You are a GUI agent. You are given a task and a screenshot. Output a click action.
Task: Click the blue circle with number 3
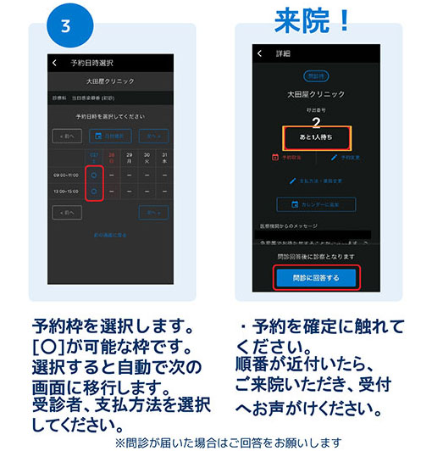coord(67,25)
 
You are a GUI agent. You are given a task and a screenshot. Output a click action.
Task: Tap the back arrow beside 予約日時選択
coord(55,63)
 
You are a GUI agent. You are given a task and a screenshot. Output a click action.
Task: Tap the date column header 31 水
coord(163,158)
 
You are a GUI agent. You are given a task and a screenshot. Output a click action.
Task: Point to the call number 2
coord(315,122)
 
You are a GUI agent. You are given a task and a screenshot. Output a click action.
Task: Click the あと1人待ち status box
coord(315,136)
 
